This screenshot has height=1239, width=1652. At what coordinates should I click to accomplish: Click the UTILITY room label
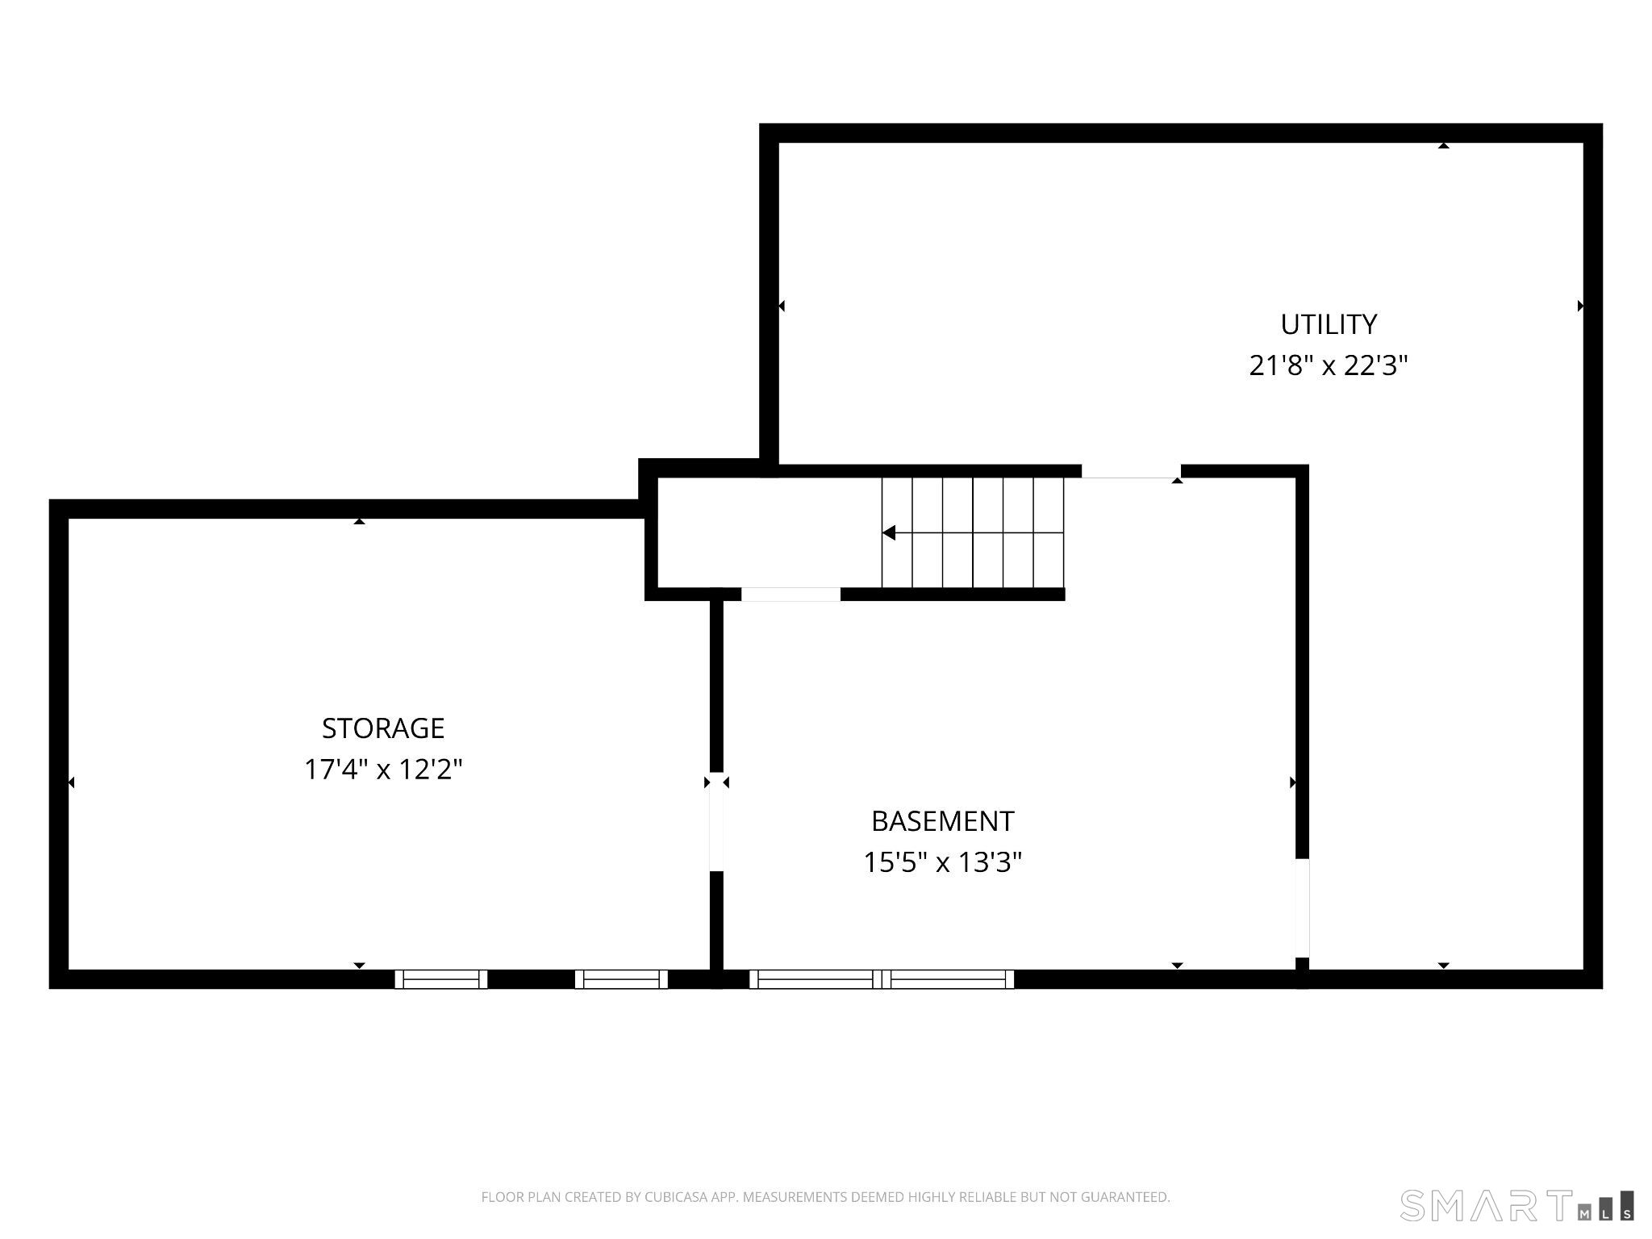click(x=1329, y=324)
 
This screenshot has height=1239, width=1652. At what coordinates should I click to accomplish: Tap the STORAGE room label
click(x=383, y=728)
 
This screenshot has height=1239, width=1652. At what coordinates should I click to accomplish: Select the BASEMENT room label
click(x=942, y=821)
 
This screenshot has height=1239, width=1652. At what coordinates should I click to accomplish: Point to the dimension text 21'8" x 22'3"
click(x=1329, y=366)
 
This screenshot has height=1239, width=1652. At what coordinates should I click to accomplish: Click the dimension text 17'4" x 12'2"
click(x=383, y=770)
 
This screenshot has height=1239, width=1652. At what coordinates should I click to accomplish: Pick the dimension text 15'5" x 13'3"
click(x=942, y=863)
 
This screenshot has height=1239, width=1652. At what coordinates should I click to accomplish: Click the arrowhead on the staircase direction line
click(x=888, y=532)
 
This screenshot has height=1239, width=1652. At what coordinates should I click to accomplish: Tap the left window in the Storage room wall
click(x=441, y=979)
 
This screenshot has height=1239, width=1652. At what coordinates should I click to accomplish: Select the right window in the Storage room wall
click(x=621, y=979)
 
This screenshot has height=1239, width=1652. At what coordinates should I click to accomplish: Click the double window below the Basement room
click(x=882, y=979)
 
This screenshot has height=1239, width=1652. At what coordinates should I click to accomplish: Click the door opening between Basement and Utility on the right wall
click(x=1302, y=907)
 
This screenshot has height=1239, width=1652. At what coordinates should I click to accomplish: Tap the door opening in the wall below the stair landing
click(x=791, y=594)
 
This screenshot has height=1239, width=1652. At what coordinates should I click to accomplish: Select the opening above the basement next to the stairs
click(x=1131, y=472)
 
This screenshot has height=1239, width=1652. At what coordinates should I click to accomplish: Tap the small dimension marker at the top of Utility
click(x=1443, y=146)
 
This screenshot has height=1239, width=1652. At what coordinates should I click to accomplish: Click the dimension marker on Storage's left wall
click(x=72, y=782)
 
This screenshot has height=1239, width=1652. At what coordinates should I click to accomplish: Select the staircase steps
click(x=973, y=532)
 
